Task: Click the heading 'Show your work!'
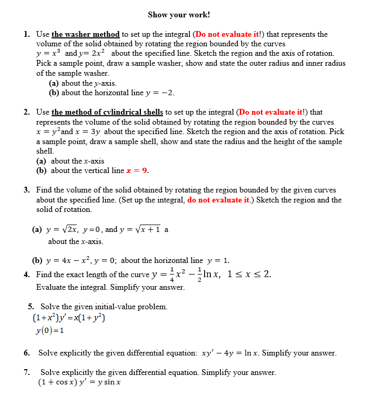[179, 15]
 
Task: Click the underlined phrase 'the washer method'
[86, 34]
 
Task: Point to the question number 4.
[26, 274]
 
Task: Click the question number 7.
[26, 372]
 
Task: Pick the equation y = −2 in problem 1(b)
[160, 93]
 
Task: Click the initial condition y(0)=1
[50, 330]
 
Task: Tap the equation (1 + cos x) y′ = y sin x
[79, 382]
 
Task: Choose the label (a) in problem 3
[37, 229]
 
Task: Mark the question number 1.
[26, 34]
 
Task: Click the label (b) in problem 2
[42, 170]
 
